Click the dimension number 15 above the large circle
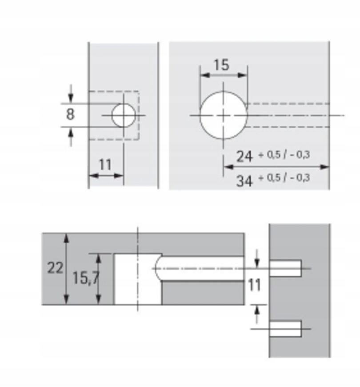221,65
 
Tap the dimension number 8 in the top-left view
70,114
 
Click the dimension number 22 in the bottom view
55,268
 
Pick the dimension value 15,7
86,278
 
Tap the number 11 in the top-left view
105,165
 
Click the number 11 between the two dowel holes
254,285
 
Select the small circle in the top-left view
124,115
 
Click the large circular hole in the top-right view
224,115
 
